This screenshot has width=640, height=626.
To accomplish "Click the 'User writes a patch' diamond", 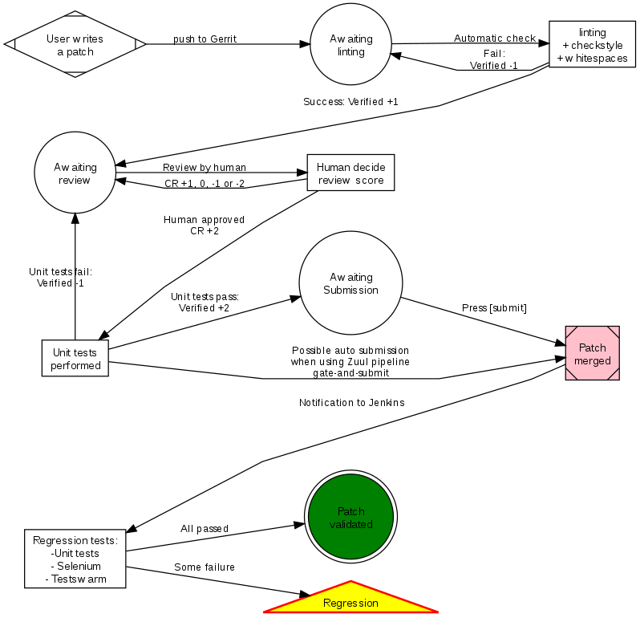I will (75, 45).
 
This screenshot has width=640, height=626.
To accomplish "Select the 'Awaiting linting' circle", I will (351, 45).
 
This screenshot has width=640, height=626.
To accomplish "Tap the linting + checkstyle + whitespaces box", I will (592, 45).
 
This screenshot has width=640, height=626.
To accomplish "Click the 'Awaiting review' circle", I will (75, 173).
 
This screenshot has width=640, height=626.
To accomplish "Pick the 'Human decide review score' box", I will (350, 173).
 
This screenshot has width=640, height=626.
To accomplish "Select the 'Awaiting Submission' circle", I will (350, 283).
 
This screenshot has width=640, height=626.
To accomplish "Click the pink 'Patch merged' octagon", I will (593, 354).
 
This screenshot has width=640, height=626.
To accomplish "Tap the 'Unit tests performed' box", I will (75, 359).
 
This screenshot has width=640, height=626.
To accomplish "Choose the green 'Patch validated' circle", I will (350, 518).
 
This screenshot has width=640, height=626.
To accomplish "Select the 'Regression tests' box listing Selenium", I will (75, 559).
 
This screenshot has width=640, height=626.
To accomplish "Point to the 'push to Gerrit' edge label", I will (205, 39).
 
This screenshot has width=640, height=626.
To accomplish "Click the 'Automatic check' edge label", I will (495, 39).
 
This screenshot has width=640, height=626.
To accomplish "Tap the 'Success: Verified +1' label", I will (350, 102).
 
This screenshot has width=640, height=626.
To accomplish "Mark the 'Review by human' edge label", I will (205, 168).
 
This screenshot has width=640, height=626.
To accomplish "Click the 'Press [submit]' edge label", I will (494, 308).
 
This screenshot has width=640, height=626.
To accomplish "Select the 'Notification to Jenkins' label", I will (351, 403).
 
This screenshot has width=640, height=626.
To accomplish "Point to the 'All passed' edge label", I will (205, 529).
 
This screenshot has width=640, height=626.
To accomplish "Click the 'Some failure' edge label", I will (205, 567).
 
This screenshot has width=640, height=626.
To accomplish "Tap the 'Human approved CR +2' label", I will (205, 226).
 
